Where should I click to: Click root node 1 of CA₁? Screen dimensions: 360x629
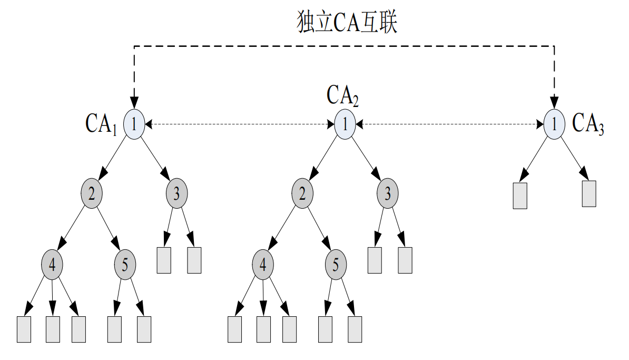[134, 124]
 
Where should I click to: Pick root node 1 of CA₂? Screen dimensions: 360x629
[345, 124]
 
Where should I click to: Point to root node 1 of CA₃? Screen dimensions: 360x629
[554, 124]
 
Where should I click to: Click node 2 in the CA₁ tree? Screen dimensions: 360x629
[92, 193]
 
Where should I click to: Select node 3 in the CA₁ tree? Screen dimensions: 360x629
[176, 193]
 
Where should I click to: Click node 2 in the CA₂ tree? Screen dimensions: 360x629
[302, 193]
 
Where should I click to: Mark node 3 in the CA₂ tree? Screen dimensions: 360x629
[387, 193]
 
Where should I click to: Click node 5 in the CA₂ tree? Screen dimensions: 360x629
[336, 263]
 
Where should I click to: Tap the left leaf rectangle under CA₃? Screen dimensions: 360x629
[520, 196]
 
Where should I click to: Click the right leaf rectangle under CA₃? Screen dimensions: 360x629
[589, 193]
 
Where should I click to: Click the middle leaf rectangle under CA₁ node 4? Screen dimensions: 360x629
[53, 329]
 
